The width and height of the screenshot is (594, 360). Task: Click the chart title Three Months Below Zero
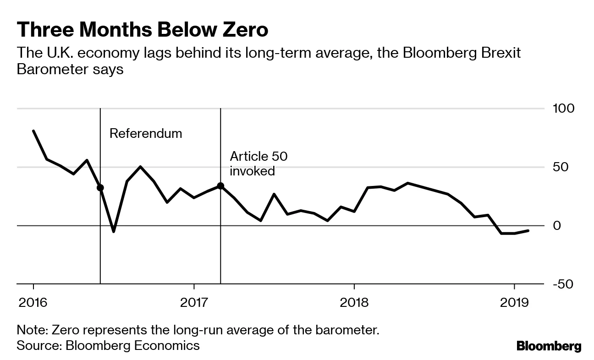[142, 30]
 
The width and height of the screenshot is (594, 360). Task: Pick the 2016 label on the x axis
[33, 303]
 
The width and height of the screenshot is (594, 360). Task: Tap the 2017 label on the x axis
[194, 303]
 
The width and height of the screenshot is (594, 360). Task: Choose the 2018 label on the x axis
[354, 303]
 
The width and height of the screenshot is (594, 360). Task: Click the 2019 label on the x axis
[514, 303]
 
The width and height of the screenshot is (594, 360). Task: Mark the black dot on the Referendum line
[100, 187]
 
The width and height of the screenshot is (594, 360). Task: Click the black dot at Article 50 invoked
[220, 186]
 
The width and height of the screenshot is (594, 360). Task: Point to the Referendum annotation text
[146, 133]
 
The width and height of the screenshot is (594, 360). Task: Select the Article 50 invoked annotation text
[258, 164]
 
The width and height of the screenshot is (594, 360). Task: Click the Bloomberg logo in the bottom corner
[549, 346]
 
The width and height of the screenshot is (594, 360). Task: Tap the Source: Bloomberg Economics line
[108, 345]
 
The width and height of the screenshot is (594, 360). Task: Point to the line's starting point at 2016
[33, 131]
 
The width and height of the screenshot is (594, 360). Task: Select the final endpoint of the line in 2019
[528, 230]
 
